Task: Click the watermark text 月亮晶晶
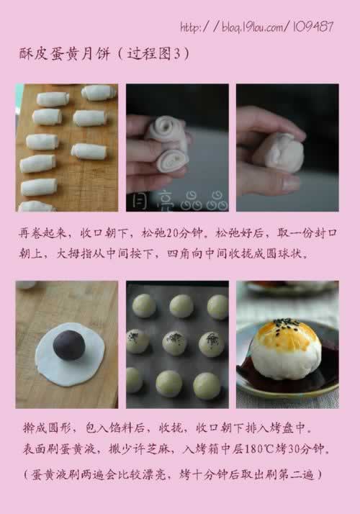point(177,203)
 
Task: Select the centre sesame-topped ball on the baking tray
point(174,343)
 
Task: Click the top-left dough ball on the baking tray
point(143,305)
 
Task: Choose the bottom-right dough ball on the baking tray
point(207,385)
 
